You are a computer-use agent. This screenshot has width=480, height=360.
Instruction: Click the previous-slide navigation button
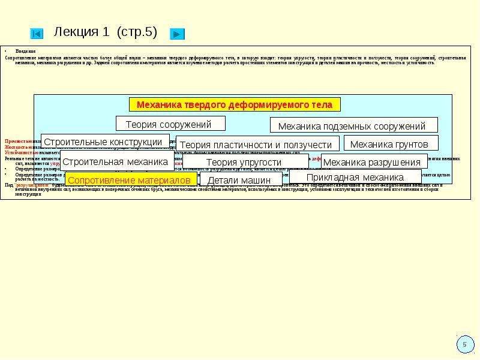click(37, 34)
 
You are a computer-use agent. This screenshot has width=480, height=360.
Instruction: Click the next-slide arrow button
click(177, 34)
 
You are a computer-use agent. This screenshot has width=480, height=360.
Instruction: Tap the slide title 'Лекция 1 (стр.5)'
click(106, 32)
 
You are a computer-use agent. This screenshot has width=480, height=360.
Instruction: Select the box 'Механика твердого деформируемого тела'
click(235, 104)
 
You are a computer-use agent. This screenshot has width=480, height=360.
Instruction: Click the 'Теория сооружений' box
click(170, 124)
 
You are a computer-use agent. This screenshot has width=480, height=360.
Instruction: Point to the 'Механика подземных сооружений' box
click(353, 125)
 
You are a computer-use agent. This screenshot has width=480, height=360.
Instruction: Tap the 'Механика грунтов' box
click(389, 143)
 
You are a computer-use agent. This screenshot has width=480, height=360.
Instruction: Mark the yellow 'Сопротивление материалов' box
click(131, 180)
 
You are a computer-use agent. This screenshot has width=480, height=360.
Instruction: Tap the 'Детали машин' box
click(241, 180)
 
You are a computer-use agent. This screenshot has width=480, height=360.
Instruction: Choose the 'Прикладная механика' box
click(355, 177)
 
